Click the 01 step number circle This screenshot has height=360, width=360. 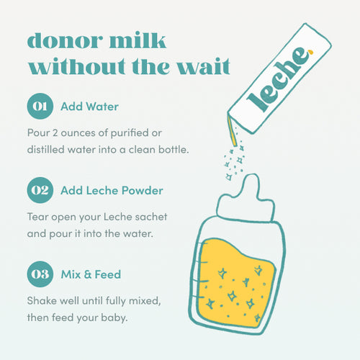[40, 108]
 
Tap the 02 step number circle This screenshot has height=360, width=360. [40, 192]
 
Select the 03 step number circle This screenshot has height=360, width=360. [40, 275]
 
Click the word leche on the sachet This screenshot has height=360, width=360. [277, 78]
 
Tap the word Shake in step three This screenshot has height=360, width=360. [42, 300]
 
